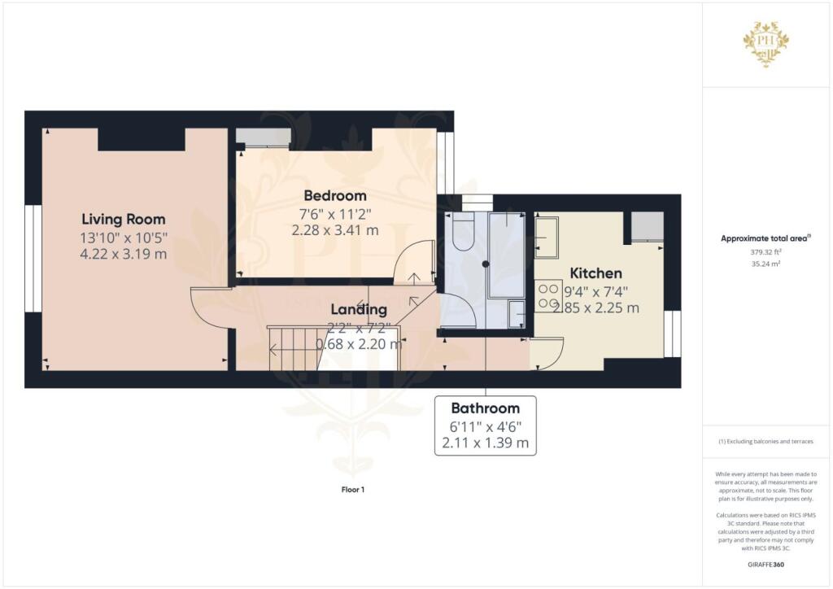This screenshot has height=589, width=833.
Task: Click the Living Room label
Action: click(x=124, y=219)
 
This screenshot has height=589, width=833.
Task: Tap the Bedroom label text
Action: click(x=335, y=195)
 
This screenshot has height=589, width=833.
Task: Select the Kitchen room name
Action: click(x=595, y=273)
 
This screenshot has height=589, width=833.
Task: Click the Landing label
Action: click(x=358, y=309)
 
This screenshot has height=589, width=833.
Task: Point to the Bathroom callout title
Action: click(x=485, y=408)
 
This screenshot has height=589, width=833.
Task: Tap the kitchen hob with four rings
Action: click(x=543, y=296)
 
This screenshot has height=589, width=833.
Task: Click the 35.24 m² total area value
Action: click(x=767, y=264)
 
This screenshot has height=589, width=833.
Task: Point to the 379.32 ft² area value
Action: click(x=767, y=252)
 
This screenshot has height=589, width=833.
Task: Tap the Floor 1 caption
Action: click(x=352, y=490)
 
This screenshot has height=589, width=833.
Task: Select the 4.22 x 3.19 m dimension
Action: click(x=124, y=254)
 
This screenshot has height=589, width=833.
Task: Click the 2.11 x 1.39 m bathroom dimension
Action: click(x=485, y=443)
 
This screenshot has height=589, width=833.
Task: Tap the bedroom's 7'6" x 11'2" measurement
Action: click(x=335, y=214)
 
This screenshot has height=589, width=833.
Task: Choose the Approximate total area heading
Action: click(x=765, y=238)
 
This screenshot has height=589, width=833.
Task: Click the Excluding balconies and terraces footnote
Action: click(x=765, y=442)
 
